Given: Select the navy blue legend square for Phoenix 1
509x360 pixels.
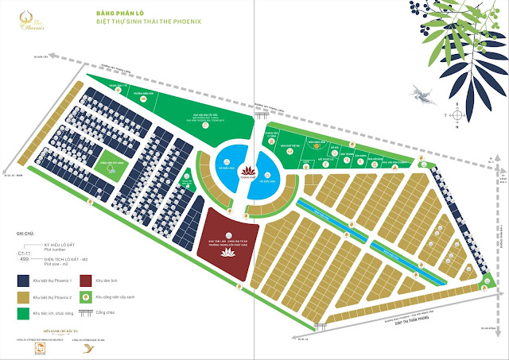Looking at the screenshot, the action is (22, 281).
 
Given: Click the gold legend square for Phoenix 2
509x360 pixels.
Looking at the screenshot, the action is (22, 298).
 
